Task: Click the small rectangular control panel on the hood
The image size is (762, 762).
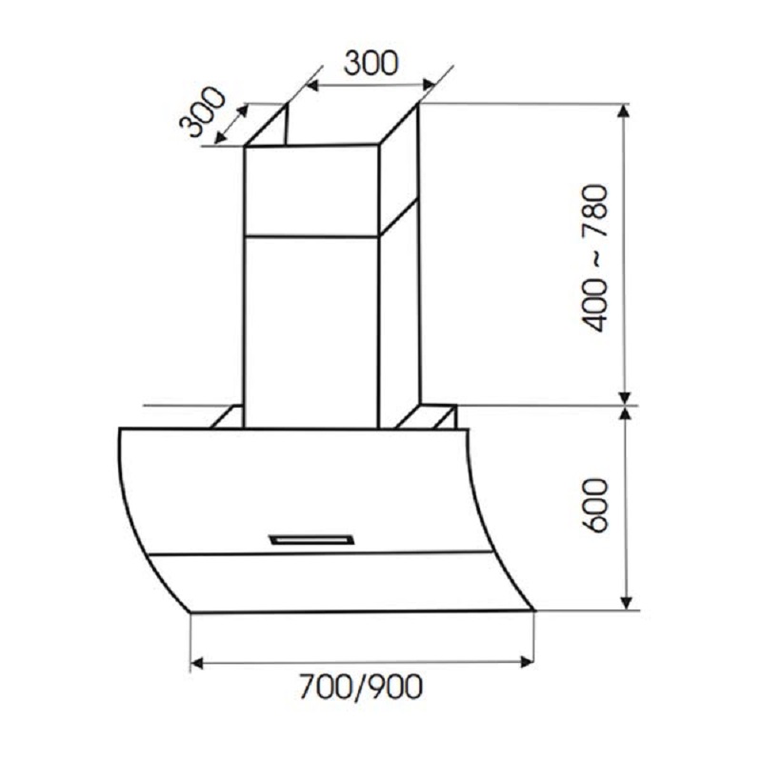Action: click(x=312, y=540)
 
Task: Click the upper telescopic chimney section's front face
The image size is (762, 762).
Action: click(x=311, y=190)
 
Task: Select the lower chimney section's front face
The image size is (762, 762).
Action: click(x=311, y=329)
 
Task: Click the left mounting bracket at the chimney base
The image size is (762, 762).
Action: click(x=228, y=417)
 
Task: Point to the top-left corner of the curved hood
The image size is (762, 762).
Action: click(x=121, y=430)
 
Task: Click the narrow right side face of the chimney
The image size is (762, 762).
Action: click(x=399, y=314)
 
